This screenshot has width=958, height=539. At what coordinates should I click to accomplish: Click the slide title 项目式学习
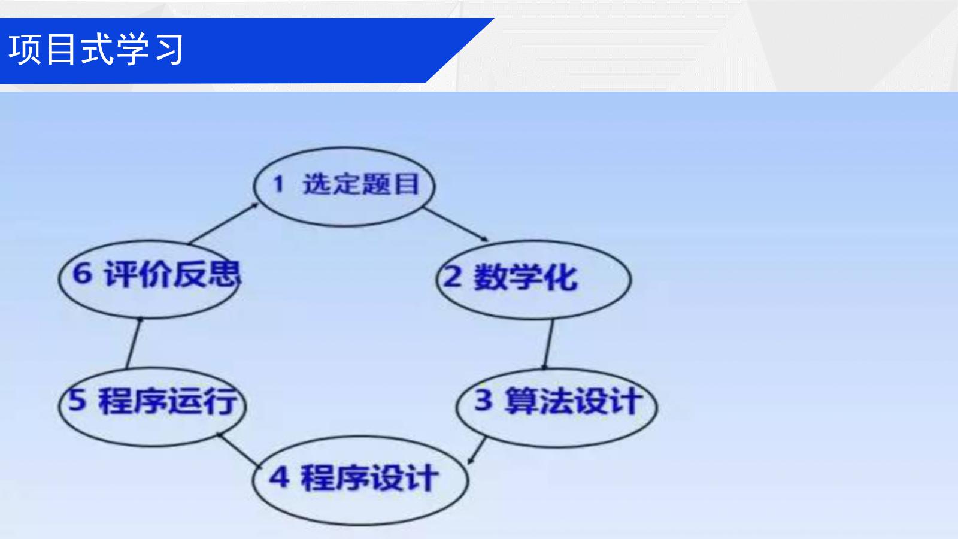click(96, 50)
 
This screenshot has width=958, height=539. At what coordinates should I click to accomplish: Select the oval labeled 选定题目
click(344, 147)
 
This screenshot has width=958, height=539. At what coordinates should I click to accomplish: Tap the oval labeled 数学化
click(533, 241)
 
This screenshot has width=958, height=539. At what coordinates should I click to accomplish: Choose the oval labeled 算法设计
click(557, 369)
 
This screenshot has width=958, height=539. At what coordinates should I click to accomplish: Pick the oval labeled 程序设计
click(360, 437)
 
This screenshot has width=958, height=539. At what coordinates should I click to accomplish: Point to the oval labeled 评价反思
click(150, 241)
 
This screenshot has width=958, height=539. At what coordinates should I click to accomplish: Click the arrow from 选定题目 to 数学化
click(456, 225)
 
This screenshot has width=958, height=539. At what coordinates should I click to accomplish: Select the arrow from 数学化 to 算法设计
click(548, 344)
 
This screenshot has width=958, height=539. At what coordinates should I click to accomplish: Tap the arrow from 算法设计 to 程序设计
click(477, 450)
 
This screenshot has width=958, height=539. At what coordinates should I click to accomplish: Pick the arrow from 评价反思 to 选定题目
click(224, 223)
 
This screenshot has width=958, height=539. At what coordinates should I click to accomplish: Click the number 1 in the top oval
click(278, 184)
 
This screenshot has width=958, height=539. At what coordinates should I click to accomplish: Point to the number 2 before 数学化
click(453, 277)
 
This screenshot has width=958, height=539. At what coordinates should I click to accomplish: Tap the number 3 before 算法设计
click(483, 400)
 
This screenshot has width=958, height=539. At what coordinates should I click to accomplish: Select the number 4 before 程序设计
click(279, 477)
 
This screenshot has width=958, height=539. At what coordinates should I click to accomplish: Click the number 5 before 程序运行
click(77, 400)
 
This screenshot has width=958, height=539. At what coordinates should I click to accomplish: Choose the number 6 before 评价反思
click(82, 272)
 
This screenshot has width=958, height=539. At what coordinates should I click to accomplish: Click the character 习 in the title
click(169, 50)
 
